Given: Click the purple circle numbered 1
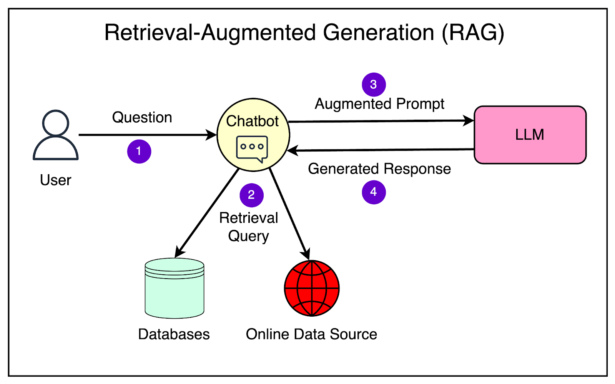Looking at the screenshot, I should pyautogui.click(x=139, y=151).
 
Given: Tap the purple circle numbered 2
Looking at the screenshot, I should pyautogui.click(x=251, y=195).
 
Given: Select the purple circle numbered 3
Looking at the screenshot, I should pyautogui.click(x=374, y=85).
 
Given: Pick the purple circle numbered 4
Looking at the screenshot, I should pyautogui.click(x=374, y=192).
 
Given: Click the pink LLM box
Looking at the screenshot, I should pyautogui.click(x=530, y=135).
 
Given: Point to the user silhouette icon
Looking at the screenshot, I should pyautogui.click(x=56, y=135).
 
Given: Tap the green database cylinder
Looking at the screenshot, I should pyautogui.click(x=175, y=289).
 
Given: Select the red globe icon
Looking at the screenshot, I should pyautogui.click(x=312, y=289).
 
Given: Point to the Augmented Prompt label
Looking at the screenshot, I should pyautogui.click(x=379, y=104).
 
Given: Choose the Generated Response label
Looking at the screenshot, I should pyautogui.click(x=379, y=169).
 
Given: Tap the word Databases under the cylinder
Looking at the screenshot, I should pyautogui.click(x=174, y=334).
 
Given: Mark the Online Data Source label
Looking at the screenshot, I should pyautogui.click(x=311, y=334).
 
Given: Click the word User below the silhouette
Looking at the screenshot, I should pyautogui.click(x=56, y=180).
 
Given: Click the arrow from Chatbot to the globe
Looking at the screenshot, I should pyautogui.click(x=289, y=214).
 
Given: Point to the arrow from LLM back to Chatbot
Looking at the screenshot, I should pyautogui.click(x=381, y=150).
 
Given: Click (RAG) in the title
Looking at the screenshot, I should pyautogui.click(x=473, y=33).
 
